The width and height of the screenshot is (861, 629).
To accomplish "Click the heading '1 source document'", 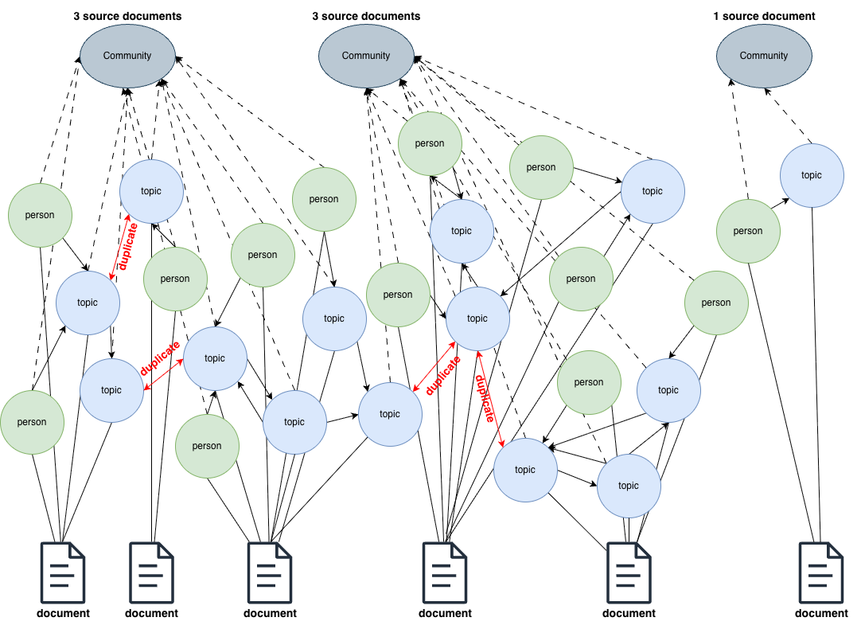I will [x=764, y=16].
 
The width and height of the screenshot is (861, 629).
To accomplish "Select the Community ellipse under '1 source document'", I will [x=764, y=56].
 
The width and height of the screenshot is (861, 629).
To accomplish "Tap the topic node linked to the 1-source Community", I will [x=811, y=175].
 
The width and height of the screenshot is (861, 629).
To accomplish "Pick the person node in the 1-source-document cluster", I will [x=748, y=231].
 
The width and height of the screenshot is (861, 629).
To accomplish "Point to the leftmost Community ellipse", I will [x=127, y=56].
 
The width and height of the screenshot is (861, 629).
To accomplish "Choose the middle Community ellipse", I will [x=366, y=56].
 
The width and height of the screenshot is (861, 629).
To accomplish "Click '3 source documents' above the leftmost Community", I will [x=127, y=16].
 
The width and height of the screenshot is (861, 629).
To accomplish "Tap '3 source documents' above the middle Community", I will [x=366, y=16].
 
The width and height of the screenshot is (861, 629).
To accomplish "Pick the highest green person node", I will [x=430, y=143].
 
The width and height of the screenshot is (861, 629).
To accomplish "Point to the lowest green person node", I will [x=207, y=446].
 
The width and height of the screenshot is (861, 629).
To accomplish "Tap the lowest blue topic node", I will [x=629, y=486].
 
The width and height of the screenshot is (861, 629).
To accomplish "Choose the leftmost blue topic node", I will [x=88, y=303].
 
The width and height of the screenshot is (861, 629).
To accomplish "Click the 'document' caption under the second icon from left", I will [x=151, y=613].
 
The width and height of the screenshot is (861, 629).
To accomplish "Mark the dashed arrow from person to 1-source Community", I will [x=739, y=139].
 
